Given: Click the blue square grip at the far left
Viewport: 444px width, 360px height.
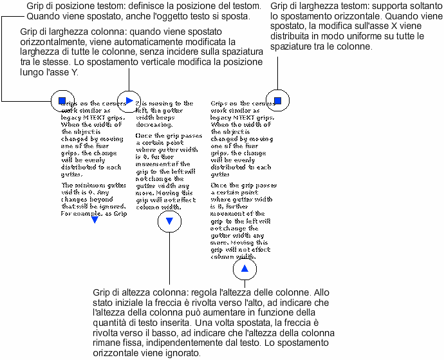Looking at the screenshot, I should (62, 100).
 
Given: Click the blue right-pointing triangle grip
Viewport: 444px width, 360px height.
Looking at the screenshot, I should (129, 100).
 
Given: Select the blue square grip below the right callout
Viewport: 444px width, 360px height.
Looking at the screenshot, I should (278, 100).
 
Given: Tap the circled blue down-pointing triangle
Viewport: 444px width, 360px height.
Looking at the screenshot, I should (169, 221).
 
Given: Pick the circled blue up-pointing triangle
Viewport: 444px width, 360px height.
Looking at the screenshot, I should (245, 269).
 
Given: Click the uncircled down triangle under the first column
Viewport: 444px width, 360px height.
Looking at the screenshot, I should (95, 220).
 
